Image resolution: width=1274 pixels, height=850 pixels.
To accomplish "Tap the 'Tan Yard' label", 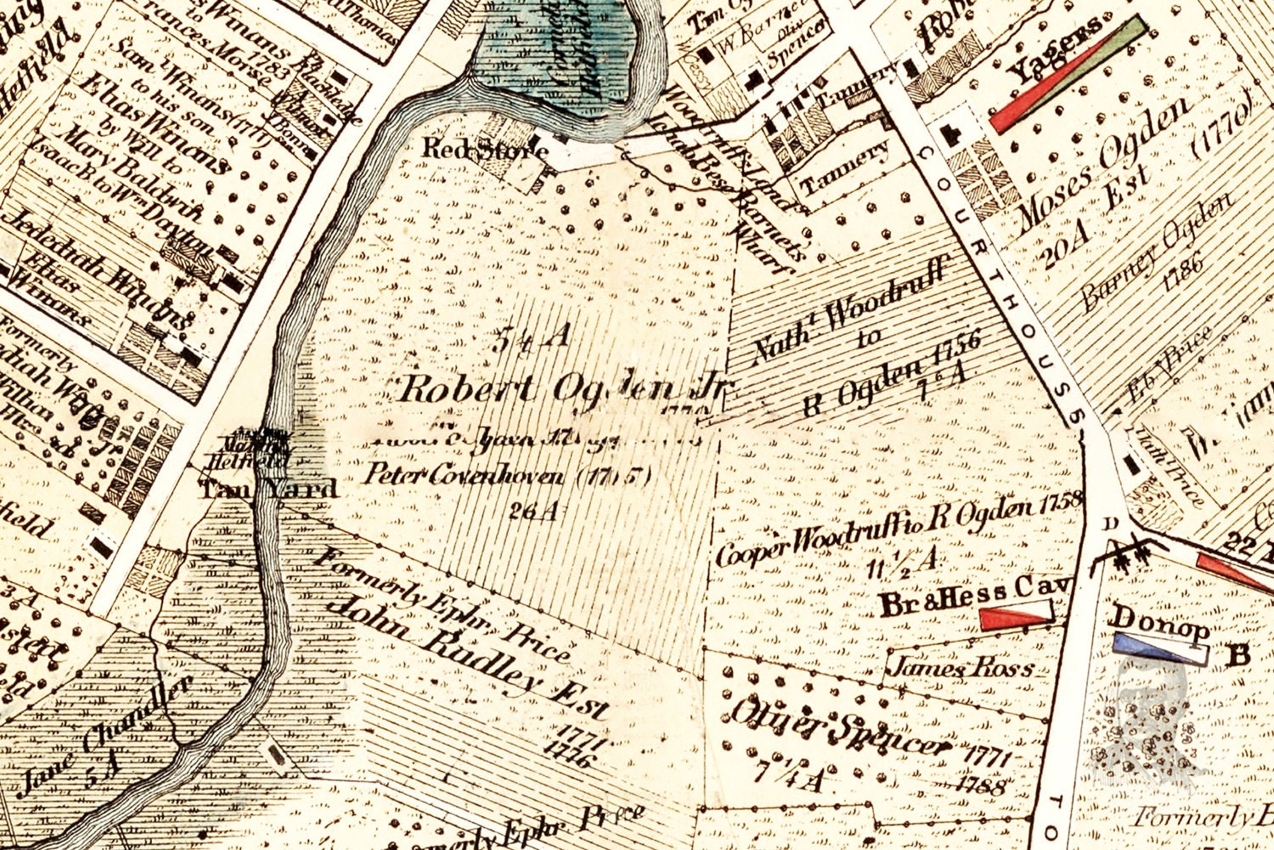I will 268,489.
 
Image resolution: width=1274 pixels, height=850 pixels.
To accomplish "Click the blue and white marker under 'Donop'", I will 1161,649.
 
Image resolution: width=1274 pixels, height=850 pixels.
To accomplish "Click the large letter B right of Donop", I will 1239,654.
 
